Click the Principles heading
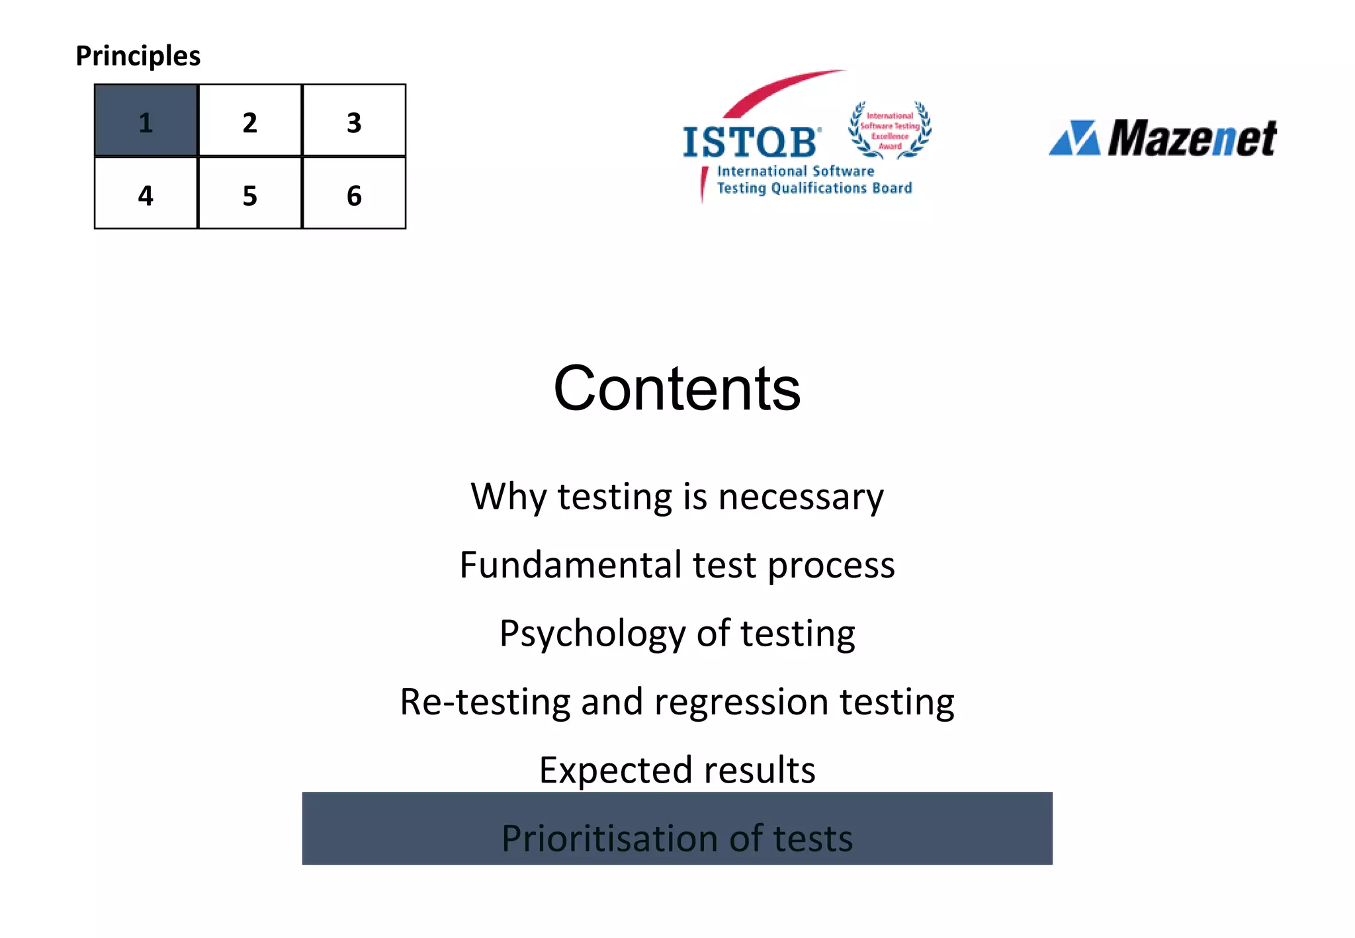[138, 56]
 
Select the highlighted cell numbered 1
[146, 121]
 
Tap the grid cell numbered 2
[249, 121]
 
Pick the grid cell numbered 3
[354, 121]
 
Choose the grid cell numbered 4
[146, 194]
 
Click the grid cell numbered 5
[249, 194]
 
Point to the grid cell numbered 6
[354, 194]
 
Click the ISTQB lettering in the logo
[751, 142]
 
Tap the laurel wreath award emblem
[890, 130]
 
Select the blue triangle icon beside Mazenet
[1074, 138]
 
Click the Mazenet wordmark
[1192, 138]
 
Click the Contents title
[677, 388]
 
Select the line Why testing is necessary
[677, 497]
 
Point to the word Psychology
[592, 634]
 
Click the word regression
[741, 702]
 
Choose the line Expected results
[677, 770]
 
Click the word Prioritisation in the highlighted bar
[609, 838]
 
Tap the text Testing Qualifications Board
[814, 189]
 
